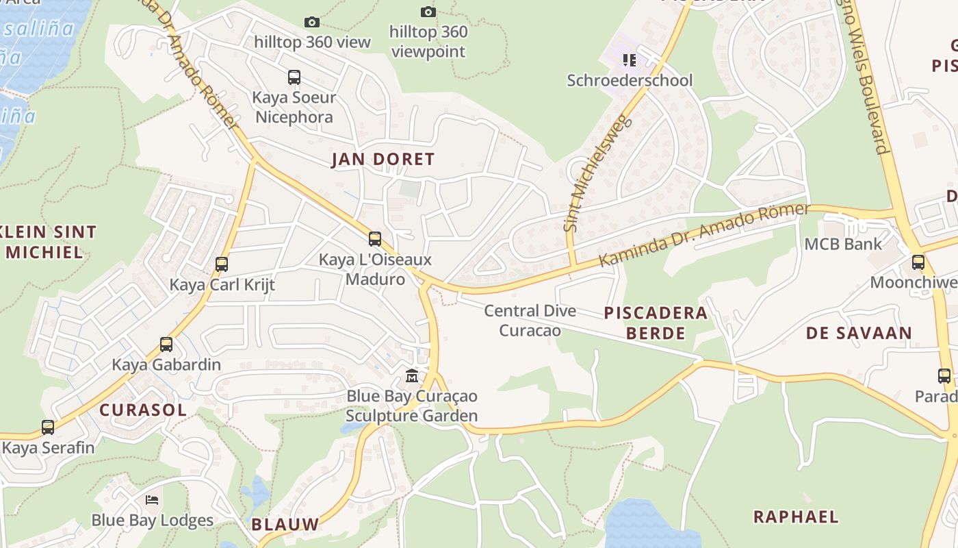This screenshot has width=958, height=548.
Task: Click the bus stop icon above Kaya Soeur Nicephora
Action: point(294,77)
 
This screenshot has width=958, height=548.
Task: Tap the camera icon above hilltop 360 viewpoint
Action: point(428,12)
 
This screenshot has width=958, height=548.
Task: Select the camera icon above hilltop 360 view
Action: point(312,22)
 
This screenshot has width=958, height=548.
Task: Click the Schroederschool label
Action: point(630,80)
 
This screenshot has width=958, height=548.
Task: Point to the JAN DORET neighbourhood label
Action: point(383,160)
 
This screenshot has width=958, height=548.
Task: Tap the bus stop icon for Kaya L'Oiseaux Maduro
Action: point(375,238)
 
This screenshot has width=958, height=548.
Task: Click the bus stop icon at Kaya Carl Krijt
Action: point(221,264)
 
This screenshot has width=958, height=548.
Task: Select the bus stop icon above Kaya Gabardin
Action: point(166,344)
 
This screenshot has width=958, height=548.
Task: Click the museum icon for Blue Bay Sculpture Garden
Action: point(412,375)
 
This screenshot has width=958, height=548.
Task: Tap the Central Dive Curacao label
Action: point(530,321)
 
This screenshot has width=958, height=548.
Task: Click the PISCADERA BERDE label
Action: point(655,323)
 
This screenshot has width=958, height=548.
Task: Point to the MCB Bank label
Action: point(843,244)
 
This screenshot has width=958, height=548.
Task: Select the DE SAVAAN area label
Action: point(858,334)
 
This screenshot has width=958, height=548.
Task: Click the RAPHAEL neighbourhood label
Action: point(795,516)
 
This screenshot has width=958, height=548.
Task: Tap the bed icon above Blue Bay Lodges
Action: point(152,499)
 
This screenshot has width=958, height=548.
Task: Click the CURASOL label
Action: point(142,410)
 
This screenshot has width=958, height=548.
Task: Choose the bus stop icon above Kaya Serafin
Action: point(47,427)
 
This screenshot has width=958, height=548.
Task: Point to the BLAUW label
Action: point(285,525)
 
